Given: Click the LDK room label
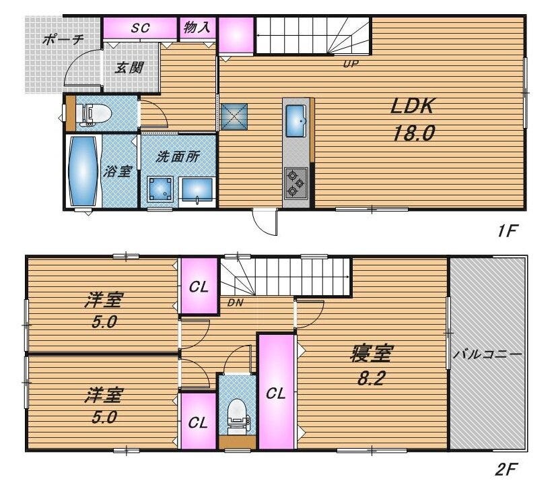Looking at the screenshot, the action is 413,106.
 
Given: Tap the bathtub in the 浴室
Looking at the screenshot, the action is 83,170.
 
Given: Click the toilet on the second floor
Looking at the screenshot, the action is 237,417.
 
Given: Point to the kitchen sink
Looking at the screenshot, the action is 296,121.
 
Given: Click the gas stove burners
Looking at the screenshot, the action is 296,183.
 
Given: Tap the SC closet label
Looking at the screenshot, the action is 140,28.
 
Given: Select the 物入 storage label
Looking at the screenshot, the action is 197,27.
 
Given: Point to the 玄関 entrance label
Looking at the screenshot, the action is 129,67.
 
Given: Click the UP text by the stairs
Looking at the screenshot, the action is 351,64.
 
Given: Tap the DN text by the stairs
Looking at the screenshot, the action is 235,302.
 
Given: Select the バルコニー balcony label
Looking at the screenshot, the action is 488,354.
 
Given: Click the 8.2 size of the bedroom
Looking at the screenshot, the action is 370,379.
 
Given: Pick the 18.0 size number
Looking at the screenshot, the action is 413,133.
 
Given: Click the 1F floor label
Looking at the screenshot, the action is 508,232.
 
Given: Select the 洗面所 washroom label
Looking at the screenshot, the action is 178,156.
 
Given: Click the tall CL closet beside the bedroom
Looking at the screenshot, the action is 276,392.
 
